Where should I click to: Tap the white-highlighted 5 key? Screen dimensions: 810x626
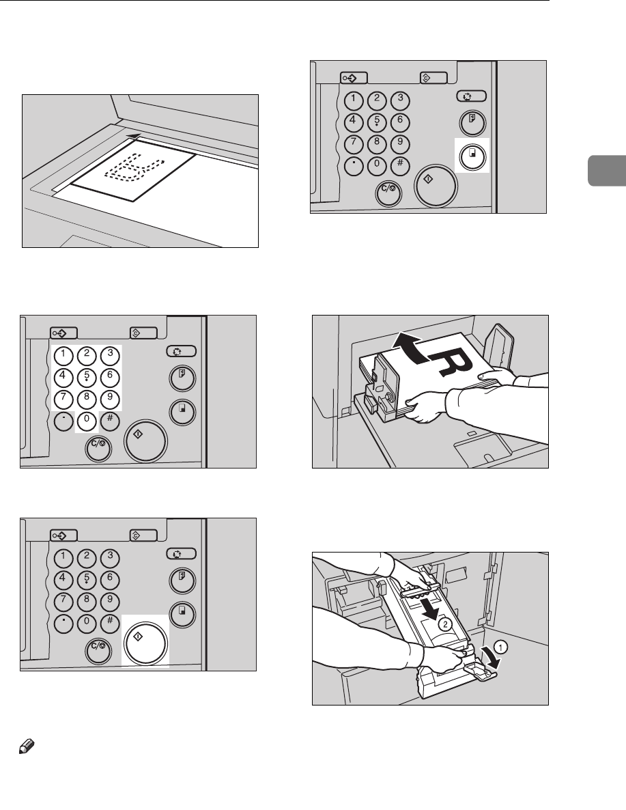coord(86,376)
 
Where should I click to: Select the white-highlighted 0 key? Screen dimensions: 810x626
coord(86,421)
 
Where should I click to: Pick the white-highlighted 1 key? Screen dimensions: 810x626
coord(63,354)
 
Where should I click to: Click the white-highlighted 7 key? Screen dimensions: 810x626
coord(63,399)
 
